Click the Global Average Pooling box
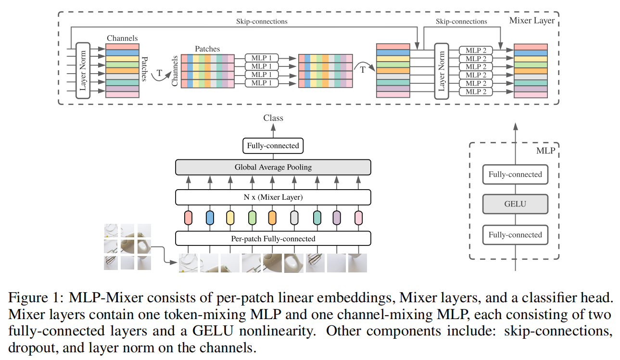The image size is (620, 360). click(273, 167)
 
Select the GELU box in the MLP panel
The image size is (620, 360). click(515, 204)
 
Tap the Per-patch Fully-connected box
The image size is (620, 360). click(273, 239)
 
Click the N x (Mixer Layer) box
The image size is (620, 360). click(273, 197)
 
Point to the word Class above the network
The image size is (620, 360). click(273, 118)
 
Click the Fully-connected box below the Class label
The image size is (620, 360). click(273, 146)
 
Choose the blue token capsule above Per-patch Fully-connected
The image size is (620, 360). click(209, 218)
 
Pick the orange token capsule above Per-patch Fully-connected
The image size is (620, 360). click(272, 218)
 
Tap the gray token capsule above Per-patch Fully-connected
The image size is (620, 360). click(294, 218)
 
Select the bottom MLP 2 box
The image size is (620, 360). click(476, 91)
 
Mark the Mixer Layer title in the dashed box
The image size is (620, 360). click(532, 20)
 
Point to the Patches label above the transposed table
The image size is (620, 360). click(207, 49)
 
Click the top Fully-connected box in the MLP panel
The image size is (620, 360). click(515, 175)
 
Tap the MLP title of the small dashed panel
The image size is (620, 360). click(545, 151)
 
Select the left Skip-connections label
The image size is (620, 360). click(262, 21)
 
